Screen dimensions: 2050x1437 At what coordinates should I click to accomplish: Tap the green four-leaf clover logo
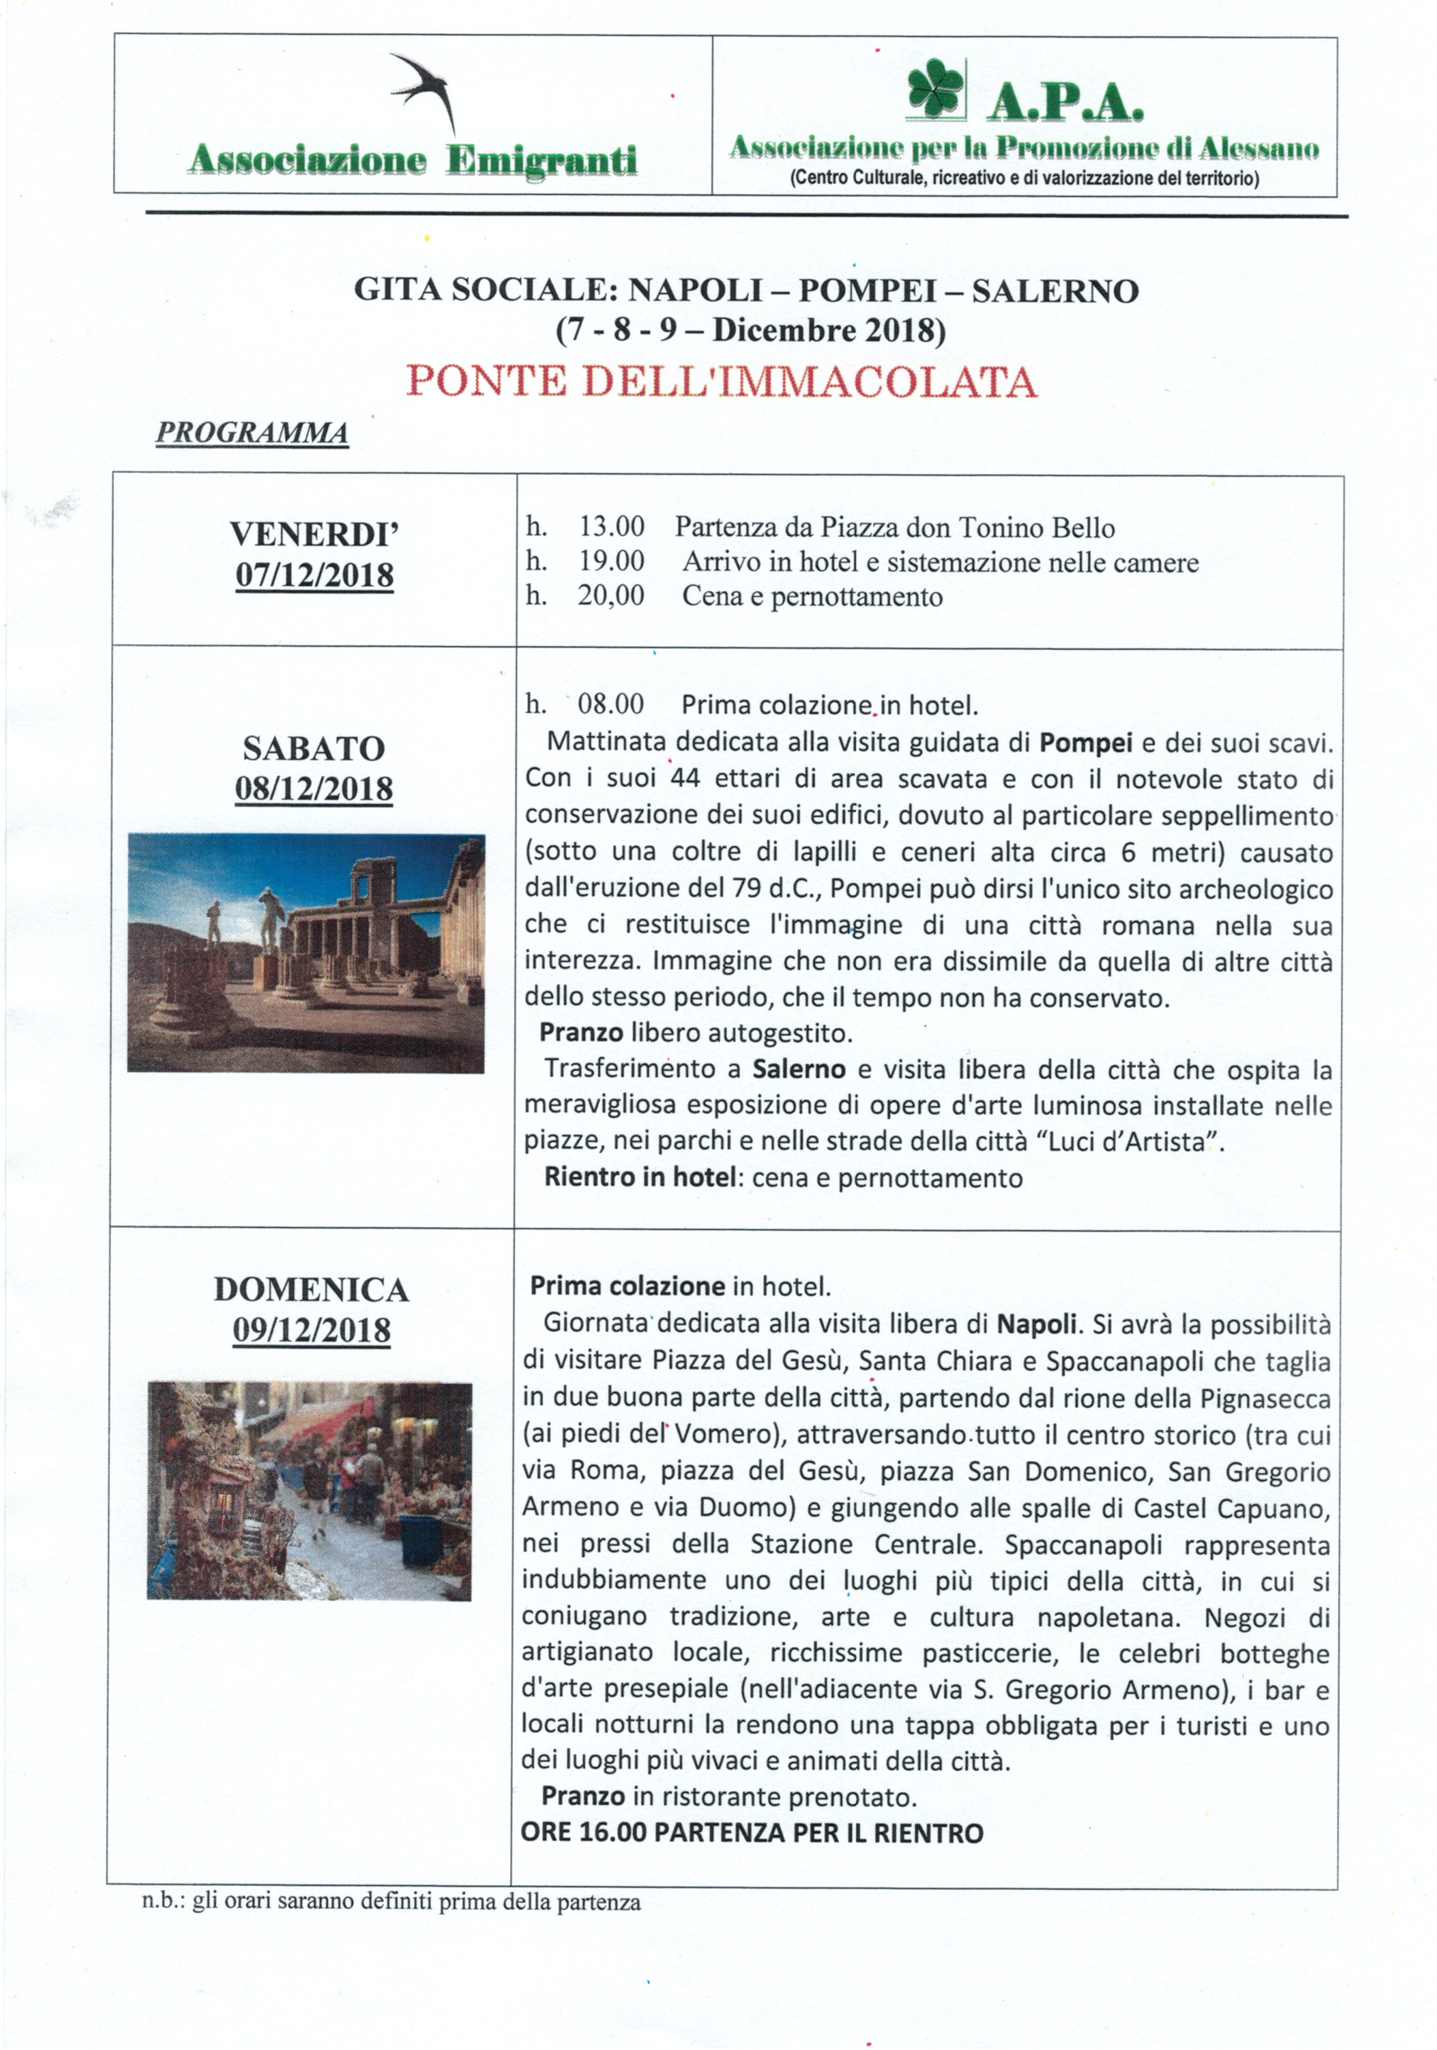click(935, 89)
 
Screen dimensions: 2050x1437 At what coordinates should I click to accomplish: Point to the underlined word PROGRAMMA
click(252, 433)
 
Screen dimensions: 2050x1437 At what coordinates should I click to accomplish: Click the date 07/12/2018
click(314, 575)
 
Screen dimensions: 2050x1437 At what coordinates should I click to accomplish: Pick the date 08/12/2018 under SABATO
click(314, 789)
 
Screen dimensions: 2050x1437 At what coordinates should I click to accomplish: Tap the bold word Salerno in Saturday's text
click(798, 1069)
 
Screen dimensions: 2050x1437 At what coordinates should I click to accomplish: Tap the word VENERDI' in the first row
click(314, 534)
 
